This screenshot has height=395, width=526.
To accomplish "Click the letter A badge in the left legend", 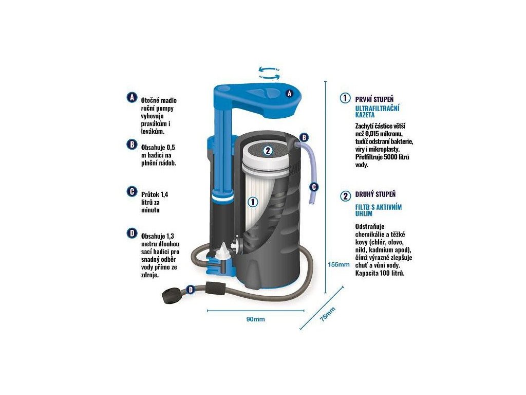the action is (x=132, y=97).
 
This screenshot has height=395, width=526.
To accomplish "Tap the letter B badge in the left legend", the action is (x=132, y=145).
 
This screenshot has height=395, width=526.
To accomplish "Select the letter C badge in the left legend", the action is (x=132, y=191).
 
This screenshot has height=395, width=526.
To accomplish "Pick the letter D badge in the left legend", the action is (x=132, y=233).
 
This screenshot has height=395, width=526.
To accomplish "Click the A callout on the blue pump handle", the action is (x=290, y=94).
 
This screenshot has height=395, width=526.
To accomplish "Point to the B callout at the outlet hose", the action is (x=304, y=137).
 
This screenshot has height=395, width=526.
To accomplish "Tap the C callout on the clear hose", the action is (x=314, y=187).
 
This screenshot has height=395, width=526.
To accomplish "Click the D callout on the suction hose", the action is (x=191, y=290).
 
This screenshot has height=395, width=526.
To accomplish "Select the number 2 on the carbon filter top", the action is (x=268, y=151).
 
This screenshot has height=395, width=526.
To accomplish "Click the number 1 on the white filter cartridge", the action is (x=253, y=202).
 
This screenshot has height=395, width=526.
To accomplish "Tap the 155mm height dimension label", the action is (x=339, y=264).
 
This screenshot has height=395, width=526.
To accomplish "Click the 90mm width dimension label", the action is (x=256, y=319).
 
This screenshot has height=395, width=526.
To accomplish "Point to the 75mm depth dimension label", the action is (x=327, y=314).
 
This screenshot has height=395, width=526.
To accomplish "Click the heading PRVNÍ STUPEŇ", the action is (x=374, y=99).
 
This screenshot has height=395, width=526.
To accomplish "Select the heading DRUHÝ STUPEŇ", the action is (x=375, y=194).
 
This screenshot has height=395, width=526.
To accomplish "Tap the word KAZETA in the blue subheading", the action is (x=365, y=115).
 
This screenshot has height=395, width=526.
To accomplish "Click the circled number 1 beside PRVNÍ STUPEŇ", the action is (x=345, y=98).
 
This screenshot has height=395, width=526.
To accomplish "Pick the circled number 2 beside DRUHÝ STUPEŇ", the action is (x=345, y=196).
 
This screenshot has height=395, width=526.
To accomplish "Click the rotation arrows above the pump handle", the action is (x=269, y=73).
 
